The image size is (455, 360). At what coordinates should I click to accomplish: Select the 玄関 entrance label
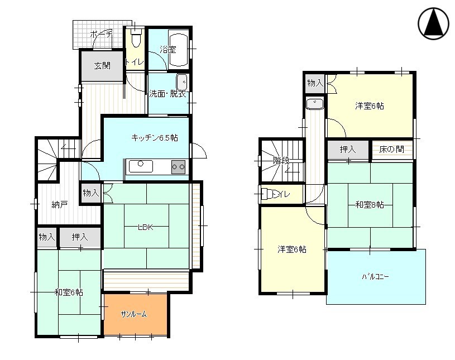click(102, 66)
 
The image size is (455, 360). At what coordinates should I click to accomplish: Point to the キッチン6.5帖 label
click(154, 137)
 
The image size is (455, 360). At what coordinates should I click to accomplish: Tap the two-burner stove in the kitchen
click(178, 166)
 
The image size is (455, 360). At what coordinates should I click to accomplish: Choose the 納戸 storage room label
click(59, 204)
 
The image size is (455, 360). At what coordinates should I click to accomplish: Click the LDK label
click(146, 227)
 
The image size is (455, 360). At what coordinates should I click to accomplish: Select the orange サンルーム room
click(134, 314)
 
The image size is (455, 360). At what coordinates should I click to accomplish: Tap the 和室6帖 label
click(69, 292)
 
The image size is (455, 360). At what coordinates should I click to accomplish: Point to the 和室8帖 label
click(369, 205)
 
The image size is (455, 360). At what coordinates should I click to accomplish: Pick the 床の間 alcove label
click(391, 150)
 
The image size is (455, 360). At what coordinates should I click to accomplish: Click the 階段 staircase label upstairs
click(281, 161)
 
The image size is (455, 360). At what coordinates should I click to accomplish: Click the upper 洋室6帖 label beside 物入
click(369, 105)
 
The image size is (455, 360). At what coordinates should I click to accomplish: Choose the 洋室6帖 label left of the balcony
click(291, 249)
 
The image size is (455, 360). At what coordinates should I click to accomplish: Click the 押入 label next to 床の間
click(348, 150)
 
